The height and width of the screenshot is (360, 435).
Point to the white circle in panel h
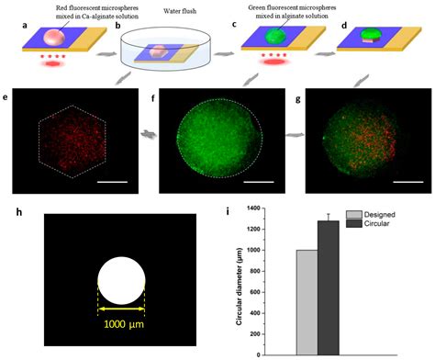click(121, 280)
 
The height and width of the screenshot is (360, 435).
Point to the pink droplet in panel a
click(56, 36)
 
